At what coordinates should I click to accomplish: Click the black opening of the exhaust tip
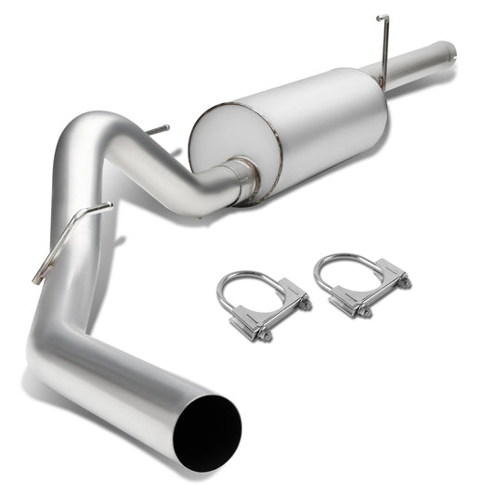pos(206,432)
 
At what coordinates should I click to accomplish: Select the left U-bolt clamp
pos(263,304)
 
